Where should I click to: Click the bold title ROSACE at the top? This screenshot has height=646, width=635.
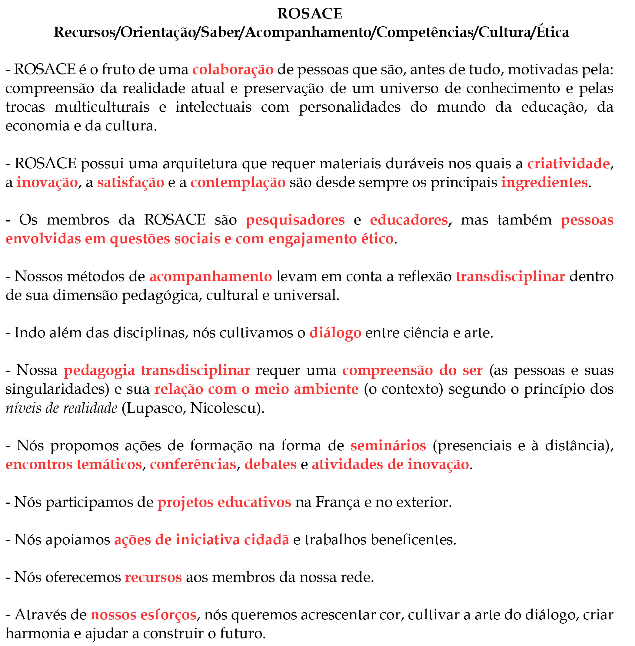pos(310,14)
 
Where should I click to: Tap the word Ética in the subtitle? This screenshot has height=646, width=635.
pos(553,32)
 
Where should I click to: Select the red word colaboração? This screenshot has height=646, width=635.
pos(233,70)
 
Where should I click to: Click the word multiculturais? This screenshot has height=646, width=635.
pos(102,107)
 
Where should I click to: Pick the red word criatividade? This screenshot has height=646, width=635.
pos(568,164)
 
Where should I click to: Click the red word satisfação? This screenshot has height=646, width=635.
pos(131,182)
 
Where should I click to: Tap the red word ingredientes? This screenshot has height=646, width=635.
pos(544,182)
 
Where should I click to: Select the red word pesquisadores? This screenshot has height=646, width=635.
pos(295,220)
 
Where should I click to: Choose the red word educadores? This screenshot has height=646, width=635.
pos(409,220)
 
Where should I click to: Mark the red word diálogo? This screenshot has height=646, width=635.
pos(335,333)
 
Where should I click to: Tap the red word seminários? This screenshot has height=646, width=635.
pos(388,445)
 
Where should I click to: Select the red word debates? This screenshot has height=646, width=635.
pos(271,464)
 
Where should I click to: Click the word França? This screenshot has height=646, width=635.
pos(337,502)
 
